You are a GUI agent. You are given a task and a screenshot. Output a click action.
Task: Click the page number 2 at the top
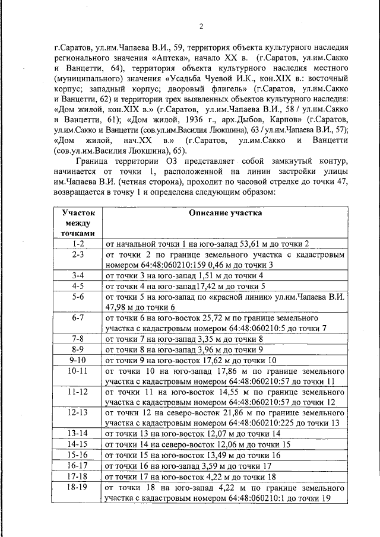tap(201, 26)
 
